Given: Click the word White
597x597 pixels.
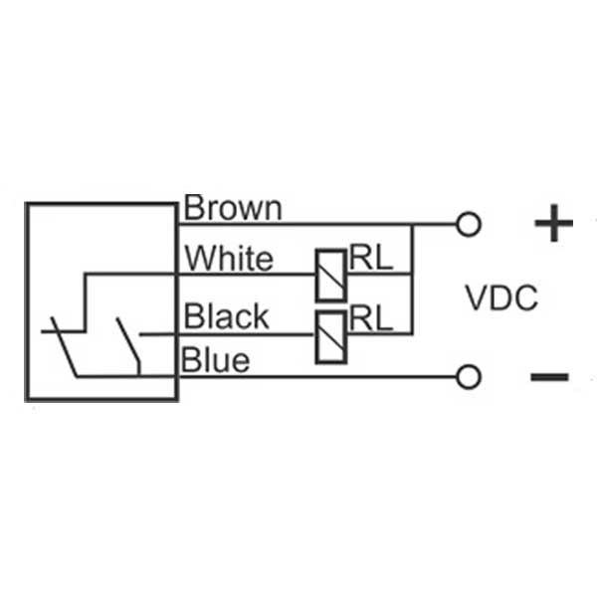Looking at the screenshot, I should tap(228, 259).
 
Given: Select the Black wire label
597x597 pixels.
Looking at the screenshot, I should tap(227, 316).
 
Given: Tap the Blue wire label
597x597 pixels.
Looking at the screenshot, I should tap(215, 359).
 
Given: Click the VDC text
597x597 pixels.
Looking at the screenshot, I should tap(501, 298).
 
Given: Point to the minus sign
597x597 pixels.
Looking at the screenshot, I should tap(549, 377).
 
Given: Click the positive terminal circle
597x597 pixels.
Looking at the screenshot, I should tap(468, 225).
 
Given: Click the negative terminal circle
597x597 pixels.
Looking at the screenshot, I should tap(468, 376).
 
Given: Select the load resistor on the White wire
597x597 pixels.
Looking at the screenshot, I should tap(330, 274).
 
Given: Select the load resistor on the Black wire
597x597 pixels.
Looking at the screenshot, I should tap(330, 335).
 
